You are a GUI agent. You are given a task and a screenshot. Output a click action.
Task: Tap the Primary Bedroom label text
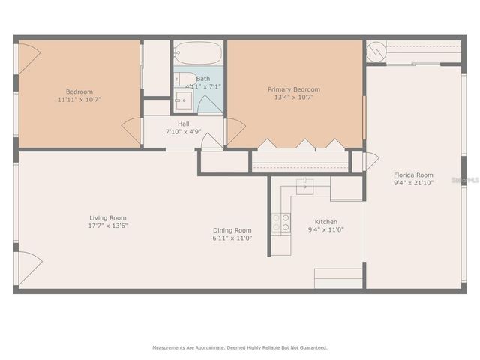pos(295,89)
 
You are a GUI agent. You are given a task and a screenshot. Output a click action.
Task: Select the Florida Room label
pos(414,175)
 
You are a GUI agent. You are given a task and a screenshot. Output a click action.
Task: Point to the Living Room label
pos(108,217)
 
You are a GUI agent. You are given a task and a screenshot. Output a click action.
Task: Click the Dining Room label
pos(232,230)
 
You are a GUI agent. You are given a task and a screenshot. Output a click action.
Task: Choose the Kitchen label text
pos(325,222)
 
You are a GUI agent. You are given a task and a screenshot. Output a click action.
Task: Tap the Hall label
pos(183,124)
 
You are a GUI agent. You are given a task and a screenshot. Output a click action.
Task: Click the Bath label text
pos(203,78)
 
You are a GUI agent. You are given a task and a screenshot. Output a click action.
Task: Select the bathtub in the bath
pos(199,53)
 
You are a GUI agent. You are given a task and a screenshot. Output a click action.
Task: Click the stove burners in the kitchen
pos(281,223)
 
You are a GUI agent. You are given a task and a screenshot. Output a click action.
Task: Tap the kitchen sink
pos(304,186)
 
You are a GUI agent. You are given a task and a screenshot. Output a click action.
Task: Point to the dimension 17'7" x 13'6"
pos(108,226)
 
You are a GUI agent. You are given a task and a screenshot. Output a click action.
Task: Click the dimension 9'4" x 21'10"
pos(414,182)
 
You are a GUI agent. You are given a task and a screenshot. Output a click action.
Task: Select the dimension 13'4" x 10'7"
pos(295,97)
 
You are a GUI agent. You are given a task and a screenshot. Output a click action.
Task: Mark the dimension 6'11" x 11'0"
pos(232,238)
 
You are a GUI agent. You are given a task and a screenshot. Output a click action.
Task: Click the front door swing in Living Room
pos(28,268)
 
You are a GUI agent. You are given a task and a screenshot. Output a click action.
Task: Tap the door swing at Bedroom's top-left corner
pos(28,58)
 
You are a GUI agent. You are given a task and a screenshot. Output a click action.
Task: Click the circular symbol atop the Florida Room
pos(376,52)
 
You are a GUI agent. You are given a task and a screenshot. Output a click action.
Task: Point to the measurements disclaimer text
pos(240,348)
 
